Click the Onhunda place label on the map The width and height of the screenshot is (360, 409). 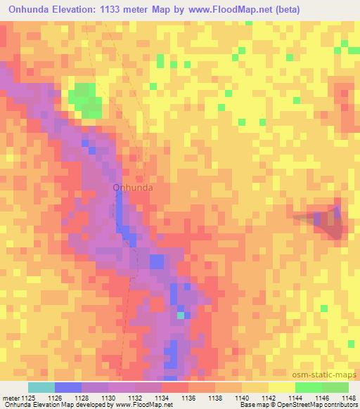click(133, 188)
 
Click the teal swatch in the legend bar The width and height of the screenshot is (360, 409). click(41, 387)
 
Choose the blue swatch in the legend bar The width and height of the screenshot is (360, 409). click(68, 387)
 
